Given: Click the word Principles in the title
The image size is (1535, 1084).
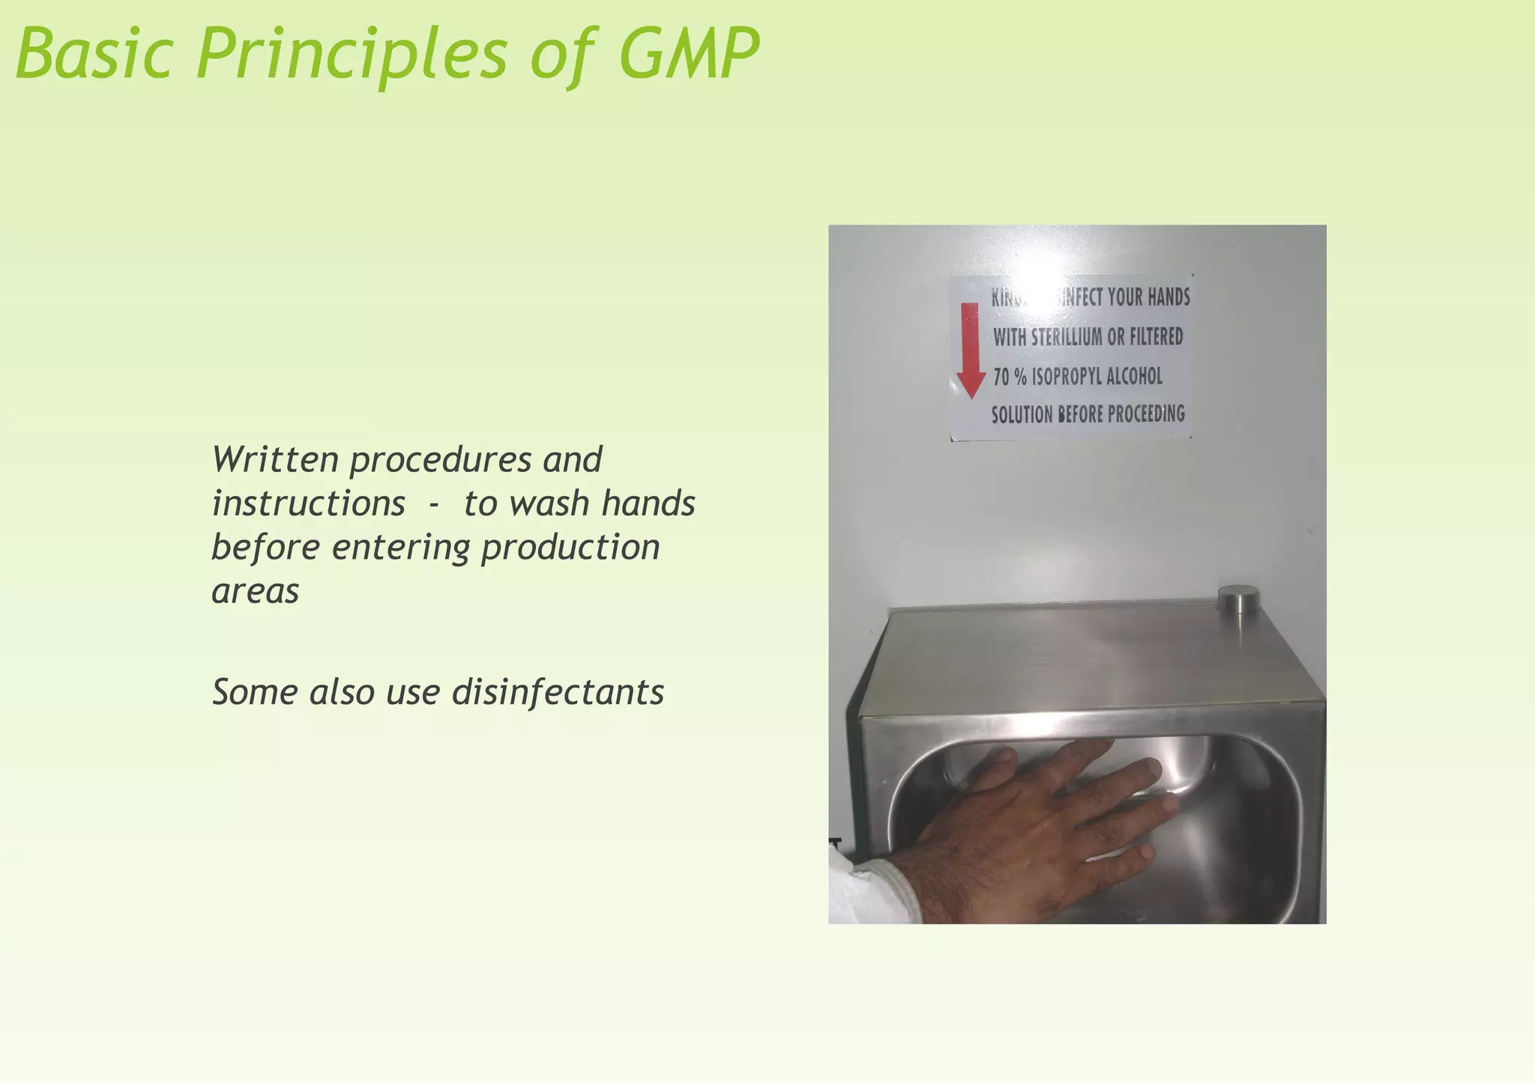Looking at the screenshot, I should (352, 54).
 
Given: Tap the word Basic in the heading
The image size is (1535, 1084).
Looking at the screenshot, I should (94, 54).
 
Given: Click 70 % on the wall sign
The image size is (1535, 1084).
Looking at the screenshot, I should (1010, 376).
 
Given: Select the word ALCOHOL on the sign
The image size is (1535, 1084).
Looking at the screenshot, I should (1133, 376).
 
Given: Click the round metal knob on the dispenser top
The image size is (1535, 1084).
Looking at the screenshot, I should (1238, 599).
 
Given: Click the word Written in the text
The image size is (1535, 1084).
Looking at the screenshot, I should (275, 459).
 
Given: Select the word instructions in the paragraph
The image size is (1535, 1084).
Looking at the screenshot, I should (308, 503).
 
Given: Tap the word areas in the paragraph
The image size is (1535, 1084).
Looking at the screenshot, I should (255, 591).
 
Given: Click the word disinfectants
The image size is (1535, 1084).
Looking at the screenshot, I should (558, 691).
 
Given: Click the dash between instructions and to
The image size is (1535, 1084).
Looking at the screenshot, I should (433, 504).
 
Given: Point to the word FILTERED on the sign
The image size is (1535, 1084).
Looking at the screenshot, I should (1156, 336).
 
